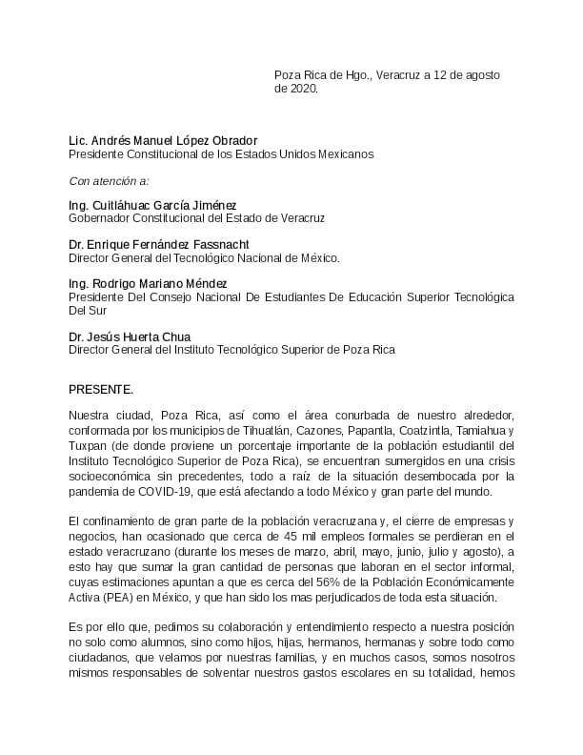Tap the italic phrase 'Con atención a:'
coord(109,180)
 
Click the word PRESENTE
coord(101,390)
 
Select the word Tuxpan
coord(87,446)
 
